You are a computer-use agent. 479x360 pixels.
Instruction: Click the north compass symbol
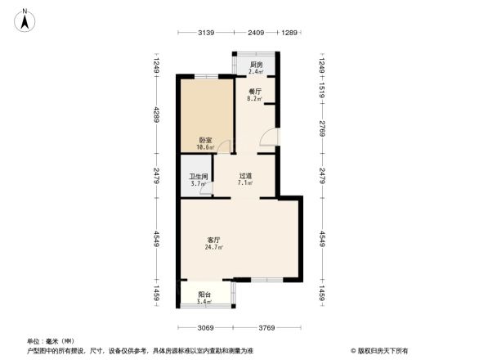pos(26,18)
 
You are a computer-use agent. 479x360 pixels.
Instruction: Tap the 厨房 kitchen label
pos(255,65)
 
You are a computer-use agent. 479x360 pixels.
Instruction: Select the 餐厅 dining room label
pos(254,92)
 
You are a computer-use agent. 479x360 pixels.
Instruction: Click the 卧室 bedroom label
pos(205,140)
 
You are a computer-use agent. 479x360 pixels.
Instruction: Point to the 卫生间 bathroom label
pos(199,176)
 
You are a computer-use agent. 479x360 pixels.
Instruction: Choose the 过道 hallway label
pos(245,175)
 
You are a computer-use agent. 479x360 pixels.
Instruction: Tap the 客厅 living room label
pos(214,240)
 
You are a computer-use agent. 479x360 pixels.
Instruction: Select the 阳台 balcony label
pos(204,295)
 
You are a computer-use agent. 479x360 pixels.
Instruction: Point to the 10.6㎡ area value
pos(205,147)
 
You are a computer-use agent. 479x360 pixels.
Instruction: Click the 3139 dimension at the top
pos(205,33)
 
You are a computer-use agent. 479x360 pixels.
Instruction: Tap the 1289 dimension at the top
pos(289,33)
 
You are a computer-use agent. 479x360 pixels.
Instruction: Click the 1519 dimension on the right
pos(323,91)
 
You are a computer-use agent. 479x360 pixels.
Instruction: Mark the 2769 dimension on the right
pos(323,128)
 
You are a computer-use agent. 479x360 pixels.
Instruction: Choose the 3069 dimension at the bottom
pos(205,328)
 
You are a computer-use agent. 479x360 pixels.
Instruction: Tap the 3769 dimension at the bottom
pos(266,328)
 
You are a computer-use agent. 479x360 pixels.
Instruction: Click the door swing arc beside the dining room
pos(267,138)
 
